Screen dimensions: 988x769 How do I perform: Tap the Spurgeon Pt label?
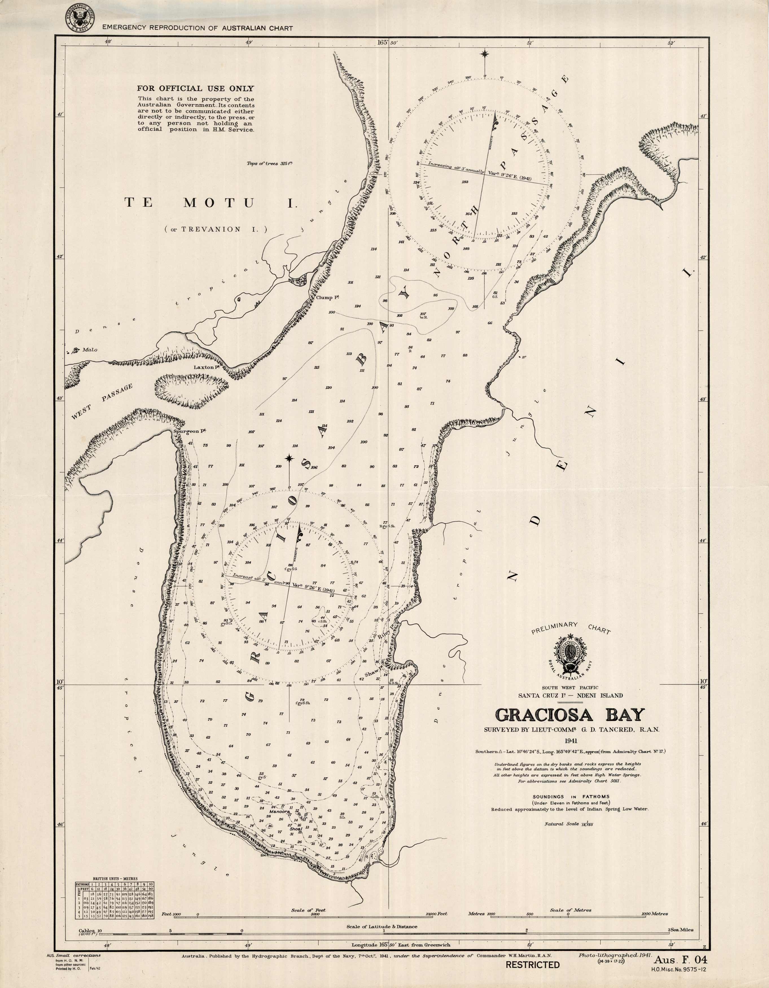tap(190, 432)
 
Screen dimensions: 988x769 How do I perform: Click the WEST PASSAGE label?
tap(102, 402)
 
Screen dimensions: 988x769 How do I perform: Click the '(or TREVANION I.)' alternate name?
tap(216, 229)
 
